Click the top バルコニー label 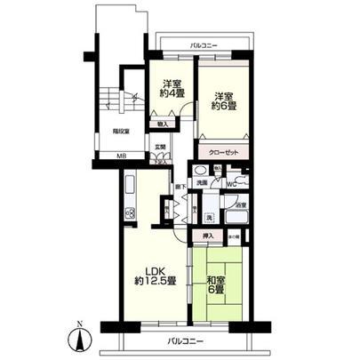(204, 44)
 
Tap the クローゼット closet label (222, 152)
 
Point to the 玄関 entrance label (160, 147)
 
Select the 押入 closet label (209, 237)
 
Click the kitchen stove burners (129, 213)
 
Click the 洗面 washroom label (202, 182)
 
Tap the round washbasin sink (198, 169)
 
